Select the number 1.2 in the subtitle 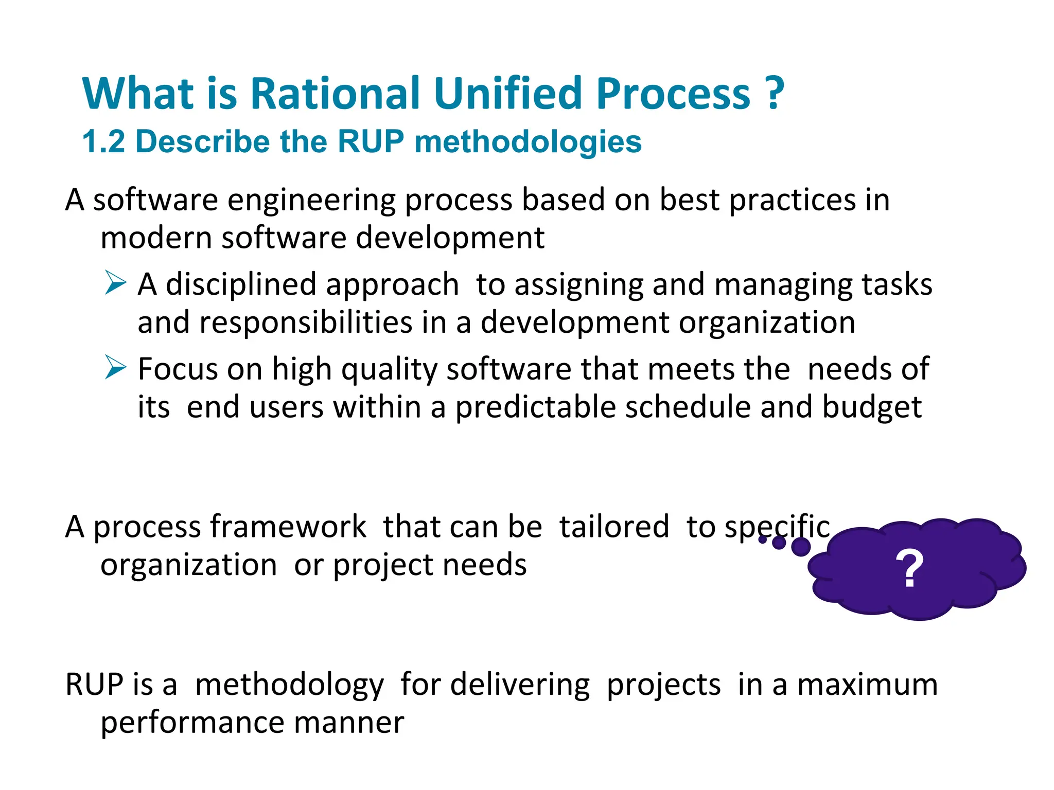pyautogui.click(x=103, y=141)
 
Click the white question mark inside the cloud pyautogui.click(x=909, y=569)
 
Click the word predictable pyautogui.click(x=535, y=407)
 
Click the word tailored pyautogui.click(x=614, y=527)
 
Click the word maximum pyautogui.click(x=867, y=685)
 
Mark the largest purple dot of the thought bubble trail pyautogui.click(x=800, y=547)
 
